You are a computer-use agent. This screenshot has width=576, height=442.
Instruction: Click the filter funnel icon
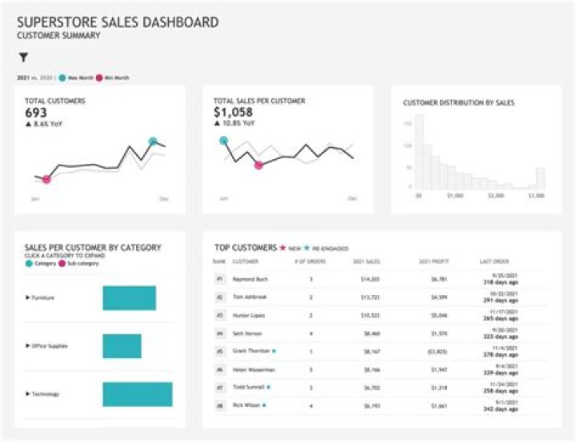[23, 58]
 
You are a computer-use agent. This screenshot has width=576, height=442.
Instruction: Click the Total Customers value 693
[36, 113]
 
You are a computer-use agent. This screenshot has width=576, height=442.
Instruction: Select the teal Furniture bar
[129, 297]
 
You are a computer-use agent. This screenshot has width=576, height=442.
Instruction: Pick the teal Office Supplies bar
[122, 346]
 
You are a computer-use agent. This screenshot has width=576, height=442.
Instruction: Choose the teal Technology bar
[137, 394]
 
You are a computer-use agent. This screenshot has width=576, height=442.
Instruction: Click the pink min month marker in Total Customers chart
[46, 179]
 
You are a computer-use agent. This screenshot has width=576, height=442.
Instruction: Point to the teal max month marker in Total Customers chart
[153, 141]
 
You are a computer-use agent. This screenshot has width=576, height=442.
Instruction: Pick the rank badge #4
[218, 333]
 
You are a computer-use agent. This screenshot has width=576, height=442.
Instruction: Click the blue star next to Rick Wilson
[265, 405]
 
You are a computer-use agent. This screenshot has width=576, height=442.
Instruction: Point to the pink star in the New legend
[282, 248]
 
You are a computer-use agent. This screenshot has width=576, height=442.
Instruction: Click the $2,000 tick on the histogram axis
[496, 195]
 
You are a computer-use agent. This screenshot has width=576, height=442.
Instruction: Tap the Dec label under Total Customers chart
[163, 197]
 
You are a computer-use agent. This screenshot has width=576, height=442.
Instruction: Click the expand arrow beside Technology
[28, 394]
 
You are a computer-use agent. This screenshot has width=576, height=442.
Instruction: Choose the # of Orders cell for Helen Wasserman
[310, 370]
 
